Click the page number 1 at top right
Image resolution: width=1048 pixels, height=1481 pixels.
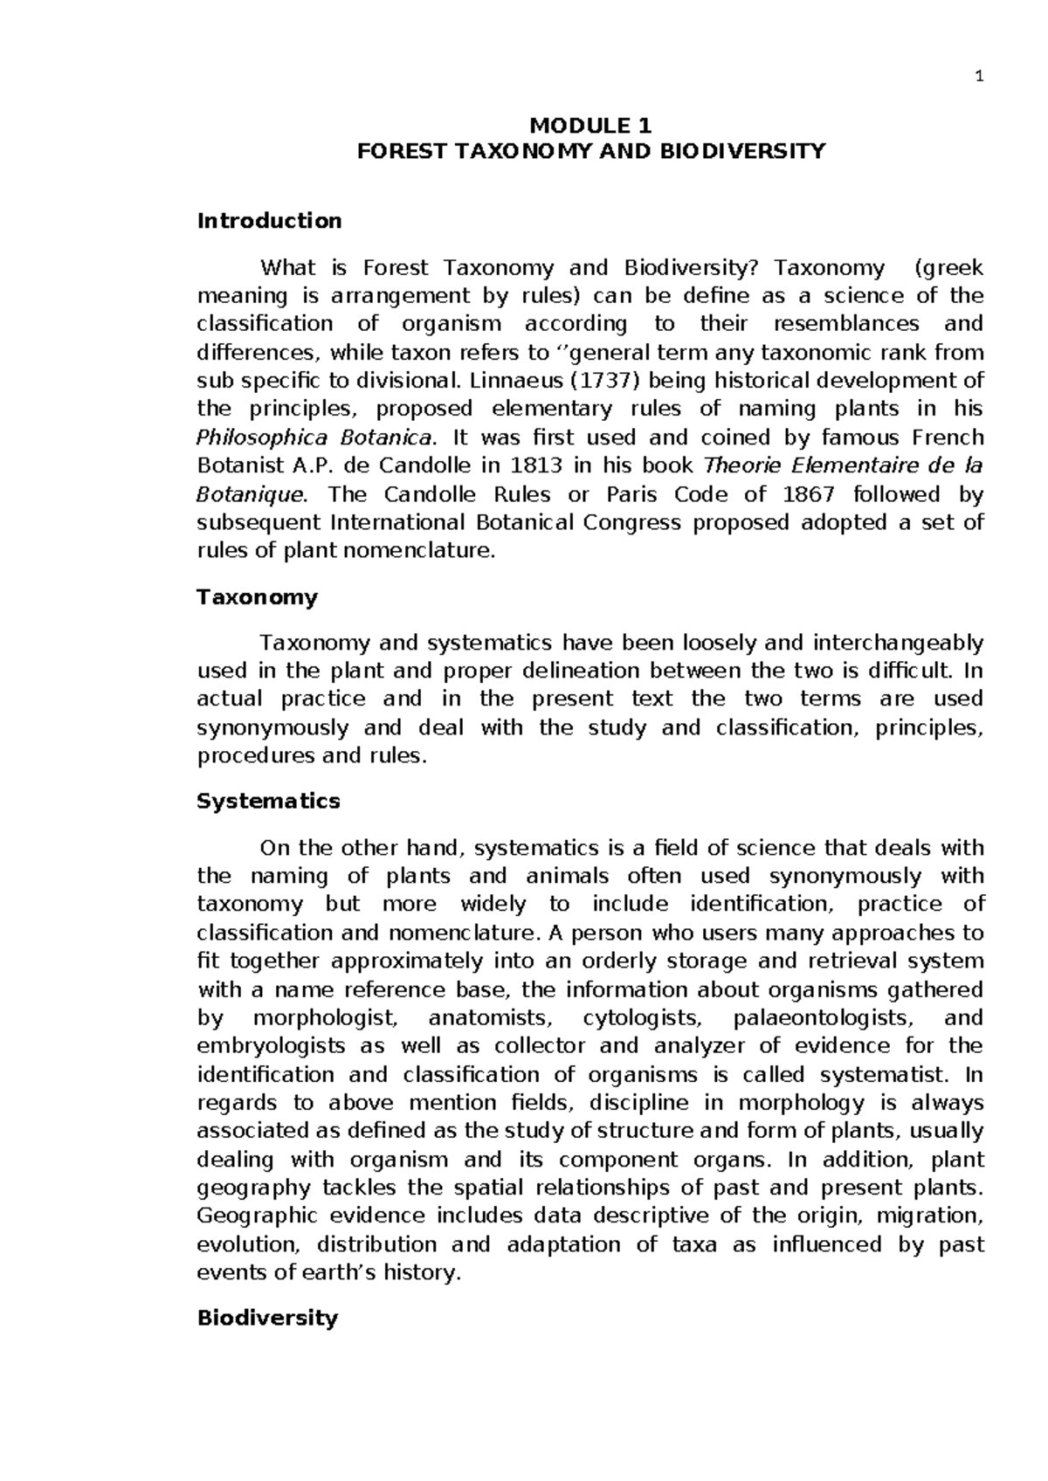click(x=979, y=77)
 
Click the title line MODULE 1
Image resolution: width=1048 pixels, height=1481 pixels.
click(x=591, y=124)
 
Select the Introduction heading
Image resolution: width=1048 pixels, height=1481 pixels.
click(x=269, y=221)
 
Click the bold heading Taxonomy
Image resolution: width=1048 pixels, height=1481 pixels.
click(x=257, y=598)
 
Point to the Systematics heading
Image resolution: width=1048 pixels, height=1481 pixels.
click(x=268, y=802)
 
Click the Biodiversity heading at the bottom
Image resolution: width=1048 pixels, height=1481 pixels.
click(x=266, y=1319)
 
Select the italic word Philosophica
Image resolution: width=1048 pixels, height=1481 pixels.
click(x=262, y=437)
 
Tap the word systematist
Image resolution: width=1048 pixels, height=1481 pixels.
click(x=882, y=1075)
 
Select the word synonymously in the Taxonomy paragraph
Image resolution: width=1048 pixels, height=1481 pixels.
click(x=273, y=729)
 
